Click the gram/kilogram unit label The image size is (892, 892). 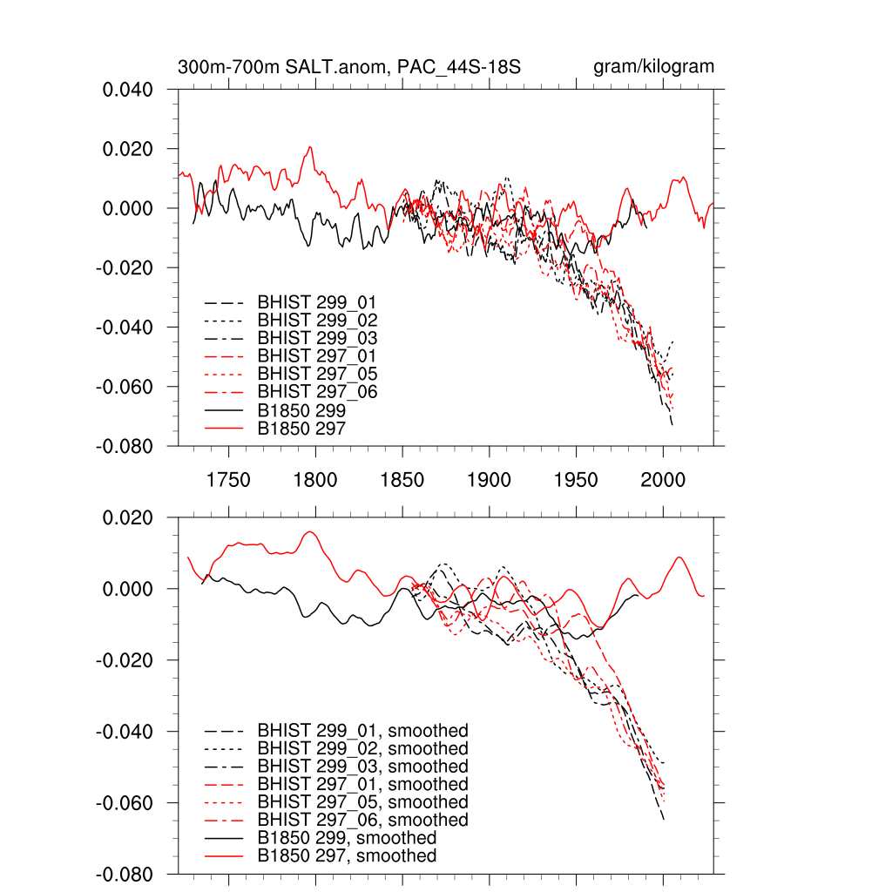pos(653,67)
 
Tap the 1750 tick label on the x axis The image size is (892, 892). pos(228,480)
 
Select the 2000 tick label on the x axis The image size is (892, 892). pos(663,480)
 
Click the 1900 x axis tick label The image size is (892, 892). pos(489,480)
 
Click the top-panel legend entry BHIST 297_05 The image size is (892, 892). pos(317,374)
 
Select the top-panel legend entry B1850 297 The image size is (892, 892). pos(301,428)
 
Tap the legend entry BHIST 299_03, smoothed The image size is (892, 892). pos(362,767)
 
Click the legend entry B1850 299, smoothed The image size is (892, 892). pos(347,838)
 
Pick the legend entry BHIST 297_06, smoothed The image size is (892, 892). pos(362,820)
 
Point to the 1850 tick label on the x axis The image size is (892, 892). pos(402,480)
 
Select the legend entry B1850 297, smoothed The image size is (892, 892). pos(347,856)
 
